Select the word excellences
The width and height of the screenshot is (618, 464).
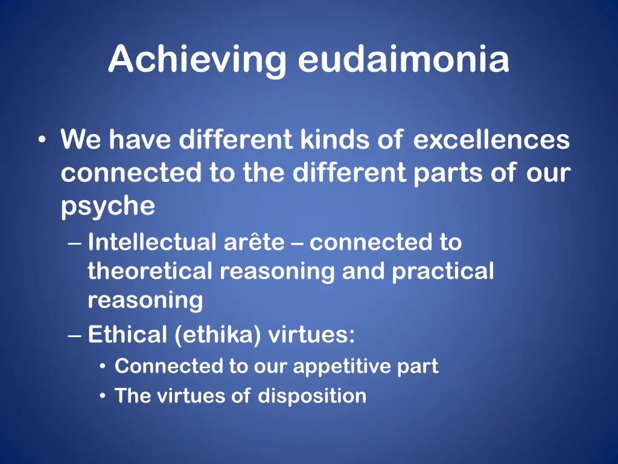point(491,140)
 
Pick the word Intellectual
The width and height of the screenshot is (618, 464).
point(151,242)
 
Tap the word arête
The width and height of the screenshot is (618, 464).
point(254,242)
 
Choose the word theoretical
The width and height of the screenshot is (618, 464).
point(150,271)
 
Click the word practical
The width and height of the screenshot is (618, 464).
point(443,271)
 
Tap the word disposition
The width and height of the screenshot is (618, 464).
point(312,396)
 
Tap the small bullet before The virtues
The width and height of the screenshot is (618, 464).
point(104,397)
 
